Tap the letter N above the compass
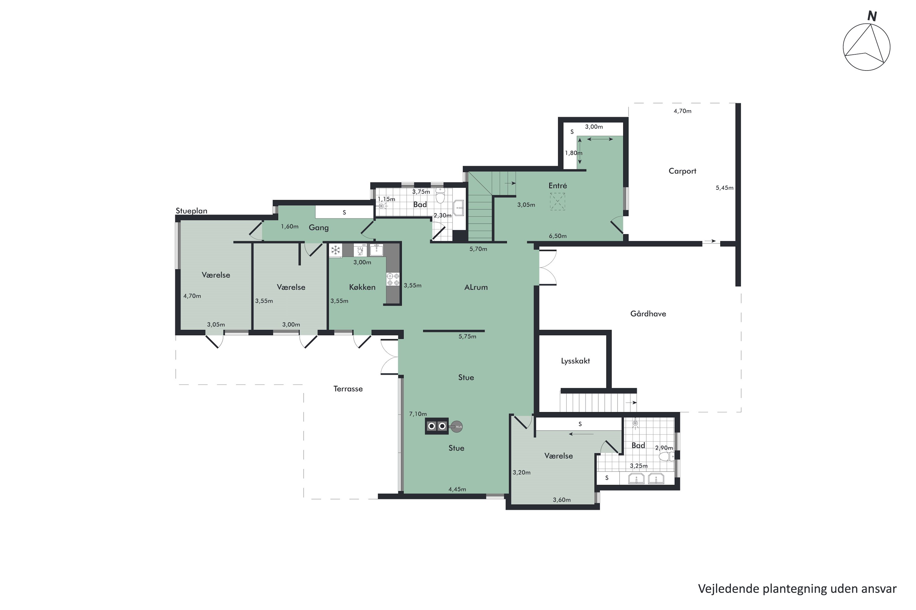coord(872,16)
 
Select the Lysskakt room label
coord(575,361)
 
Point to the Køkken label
coord(362,287)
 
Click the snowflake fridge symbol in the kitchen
coord(335,250)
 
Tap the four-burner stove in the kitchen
coord(393,279)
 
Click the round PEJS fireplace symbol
coord(456,427)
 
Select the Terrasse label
coord(348,389)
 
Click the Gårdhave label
coord(648,314)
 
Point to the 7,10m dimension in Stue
coord(418,414)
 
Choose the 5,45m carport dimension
coord(724,188)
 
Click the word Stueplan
coord(191,211)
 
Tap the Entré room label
coord(558,185)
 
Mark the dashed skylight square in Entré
coord(557,202)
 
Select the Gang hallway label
coord(318,228)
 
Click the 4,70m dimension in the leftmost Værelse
coord(192,296)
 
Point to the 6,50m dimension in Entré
coord(558,236)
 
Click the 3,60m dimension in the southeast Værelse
coord(562,500)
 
